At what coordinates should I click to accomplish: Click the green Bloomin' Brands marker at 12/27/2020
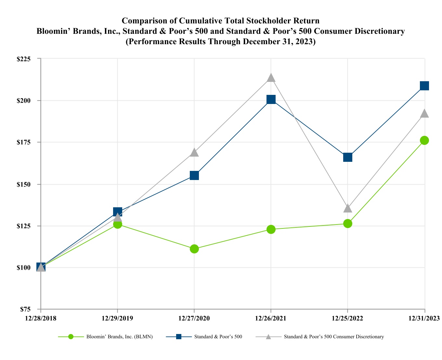[194, 249]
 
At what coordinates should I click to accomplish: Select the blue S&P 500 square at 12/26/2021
[271, 99]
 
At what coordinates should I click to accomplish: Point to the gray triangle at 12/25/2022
[348, 208]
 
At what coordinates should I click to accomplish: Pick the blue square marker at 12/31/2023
[424, 86]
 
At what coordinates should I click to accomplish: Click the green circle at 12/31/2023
[424, 140]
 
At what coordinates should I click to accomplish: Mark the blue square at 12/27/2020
[194, 175]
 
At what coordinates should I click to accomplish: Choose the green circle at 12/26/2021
[271, 229]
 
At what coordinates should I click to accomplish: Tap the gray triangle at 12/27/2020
[194, 152]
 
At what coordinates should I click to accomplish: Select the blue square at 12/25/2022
[348, 157]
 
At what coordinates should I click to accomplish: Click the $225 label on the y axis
[28, 59]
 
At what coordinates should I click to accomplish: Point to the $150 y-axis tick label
[28, 184]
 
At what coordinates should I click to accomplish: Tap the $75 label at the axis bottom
[30, 309]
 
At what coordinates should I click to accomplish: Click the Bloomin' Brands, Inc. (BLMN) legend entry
[120, 337]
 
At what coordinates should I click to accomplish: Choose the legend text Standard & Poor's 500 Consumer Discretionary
[334, 337]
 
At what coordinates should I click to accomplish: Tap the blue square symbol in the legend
[179, 337]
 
